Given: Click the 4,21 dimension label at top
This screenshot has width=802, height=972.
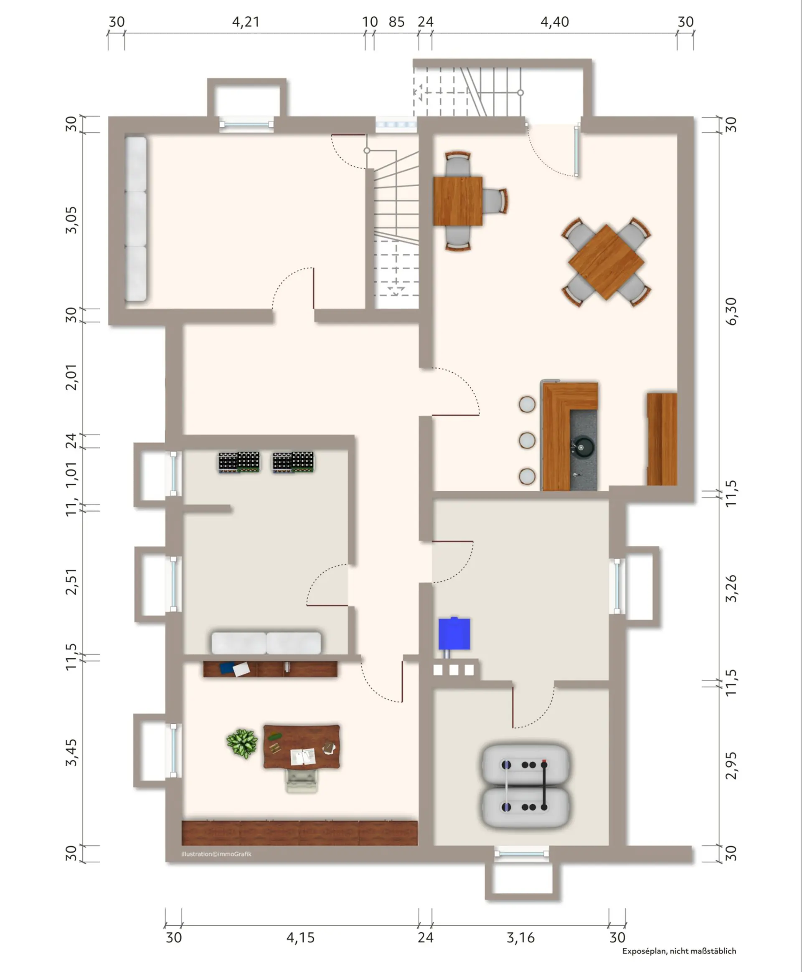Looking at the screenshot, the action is click(x=245, y=22).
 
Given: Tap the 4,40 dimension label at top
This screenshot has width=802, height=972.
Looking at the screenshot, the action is click(x=554, y=22).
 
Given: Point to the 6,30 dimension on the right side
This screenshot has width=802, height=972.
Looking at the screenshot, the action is click(x=731, y=311).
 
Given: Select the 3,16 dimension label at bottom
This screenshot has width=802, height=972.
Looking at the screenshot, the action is click(x=520, y=937).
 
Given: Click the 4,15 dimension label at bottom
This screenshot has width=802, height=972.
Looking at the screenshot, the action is click(x=300, y=937).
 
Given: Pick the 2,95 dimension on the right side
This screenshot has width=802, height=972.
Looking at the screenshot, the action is click(x=731, y=766).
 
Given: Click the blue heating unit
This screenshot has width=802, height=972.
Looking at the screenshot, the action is click(x=454, y=634).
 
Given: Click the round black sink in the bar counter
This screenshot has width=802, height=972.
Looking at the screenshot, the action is click(x=584, y=446).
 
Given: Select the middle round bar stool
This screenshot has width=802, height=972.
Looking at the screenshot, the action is click(x=527, y=440).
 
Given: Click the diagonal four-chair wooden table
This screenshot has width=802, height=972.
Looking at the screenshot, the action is click(x=606, y=262).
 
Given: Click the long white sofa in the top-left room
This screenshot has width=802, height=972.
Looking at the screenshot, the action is click(x=136, y=219).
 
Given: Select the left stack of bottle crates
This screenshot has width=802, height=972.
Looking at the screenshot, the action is click(x=239, y=462).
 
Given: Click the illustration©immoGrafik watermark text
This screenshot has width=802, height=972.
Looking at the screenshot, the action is click(x=216, y=854).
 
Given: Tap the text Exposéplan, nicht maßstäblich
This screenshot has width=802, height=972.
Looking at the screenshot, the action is click(x=679, y=951).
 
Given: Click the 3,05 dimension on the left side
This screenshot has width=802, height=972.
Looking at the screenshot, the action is click(x=71, y=220).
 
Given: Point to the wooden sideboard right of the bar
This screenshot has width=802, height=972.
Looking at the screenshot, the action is click(x=662, y=439).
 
